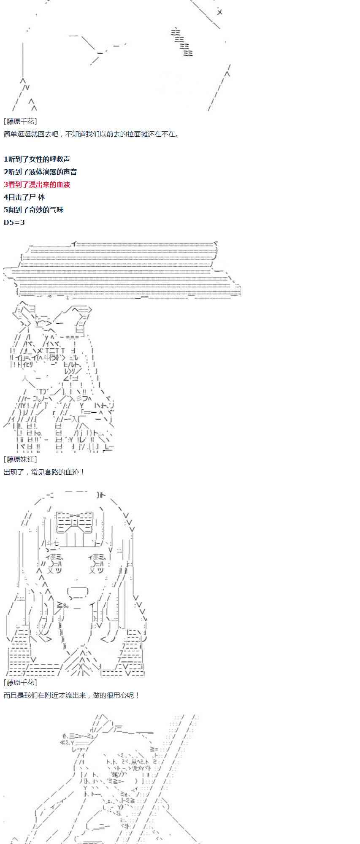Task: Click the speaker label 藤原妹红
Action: [20, 459]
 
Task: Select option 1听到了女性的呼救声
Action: [37, 159]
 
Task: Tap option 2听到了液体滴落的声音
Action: [40, 172]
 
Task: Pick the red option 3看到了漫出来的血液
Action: [37, 184]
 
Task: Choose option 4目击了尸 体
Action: [24, 197]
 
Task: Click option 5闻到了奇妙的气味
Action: [33, 210]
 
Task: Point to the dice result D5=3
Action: [14, 222]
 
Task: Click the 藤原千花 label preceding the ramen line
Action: [20, 122]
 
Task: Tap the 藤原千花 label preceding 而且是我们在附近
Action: [20, 682]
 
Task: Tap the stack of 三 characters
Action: [182, 41]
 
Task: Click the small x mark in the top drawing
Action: [219, 12]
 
